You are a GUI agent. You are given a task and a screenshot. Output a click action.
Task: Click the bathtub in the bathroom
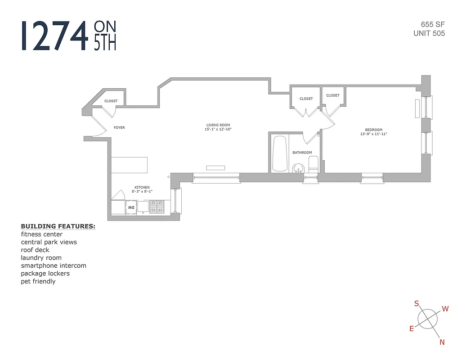280,153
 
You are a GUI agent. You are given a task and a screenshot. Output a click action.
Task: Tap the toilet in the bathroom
314,164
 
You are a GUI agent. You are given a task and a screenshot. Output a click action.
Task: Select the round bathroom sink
298,169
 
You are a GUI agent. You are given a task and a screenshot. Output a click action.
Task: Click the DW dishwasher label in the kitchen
131,207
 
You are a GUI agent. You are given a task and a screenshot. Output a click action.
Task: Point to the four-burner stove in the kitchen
157,207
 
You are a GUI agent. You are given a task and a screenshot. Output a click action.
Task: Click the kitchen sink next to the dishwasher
143,207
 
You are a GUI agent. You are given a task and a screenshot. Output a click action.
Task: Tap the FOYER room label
119,128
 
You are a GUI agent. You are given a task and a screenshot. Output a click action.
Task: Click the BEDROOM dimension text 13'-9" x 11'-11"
373,134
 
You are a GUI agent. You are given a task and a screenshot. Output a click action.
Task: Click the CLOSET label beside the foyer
111,101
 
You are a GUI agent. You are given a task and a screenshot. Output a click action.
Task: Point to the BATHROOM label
302,153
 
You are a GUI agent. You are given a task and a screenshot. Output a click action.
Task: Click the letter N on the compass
442,342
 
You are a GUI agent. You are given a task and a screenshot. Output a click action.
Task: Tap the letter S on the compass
417,304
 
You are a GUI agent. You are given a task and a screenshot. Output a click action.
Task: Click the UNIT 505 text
429,33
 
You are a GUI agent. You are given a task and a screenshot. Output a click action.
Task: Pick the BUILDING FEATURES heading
58,226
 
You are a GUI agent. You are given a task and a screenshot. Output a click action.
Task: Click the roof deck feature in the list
35,250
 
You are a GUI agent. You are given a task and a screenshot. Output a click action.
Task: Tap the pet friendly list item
38,281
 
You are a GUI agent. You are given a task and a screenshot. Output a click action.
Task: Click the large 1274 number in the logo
54,36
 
